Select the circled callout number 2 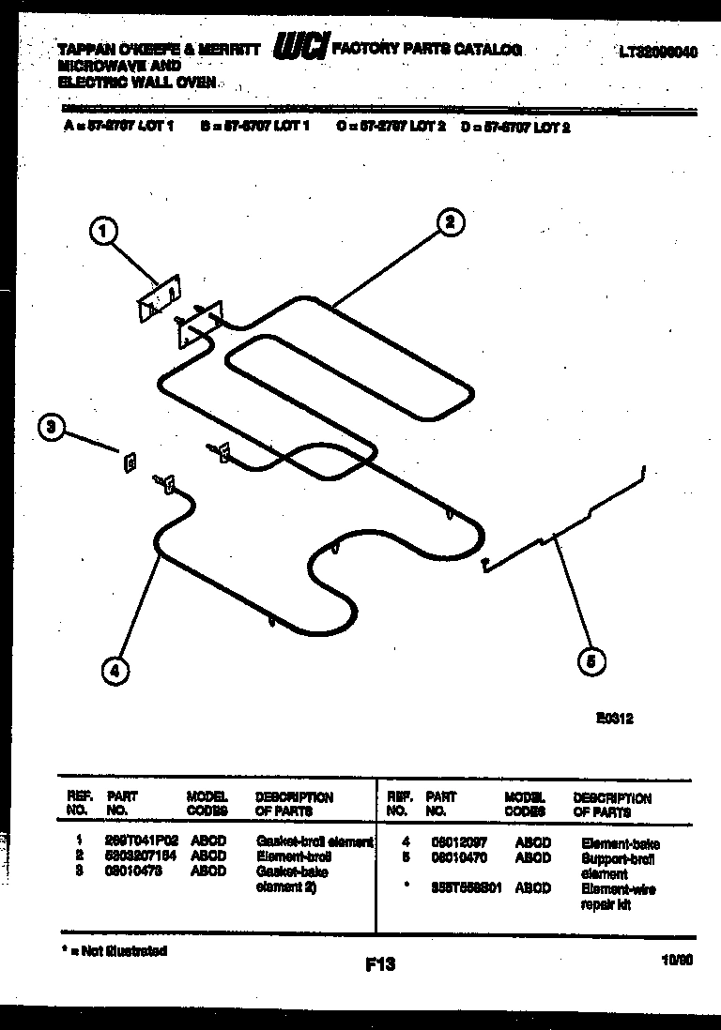point(450,221)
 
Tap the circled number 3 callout point(51,429)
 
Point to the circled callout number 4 point(114,670)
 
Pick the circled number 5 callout point(591,661)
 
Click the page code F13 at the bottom point(381,963)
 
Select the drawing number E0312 point(614,719)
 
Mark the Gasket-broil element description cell point(314,842)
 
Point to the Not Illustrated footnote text point(113,951)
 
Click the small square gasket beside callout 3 point(130,462)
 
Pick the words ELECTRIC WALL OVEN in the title point(137,82)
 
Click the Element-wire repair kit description point(618,897)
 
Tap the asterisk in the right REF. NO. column point(404,887)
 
